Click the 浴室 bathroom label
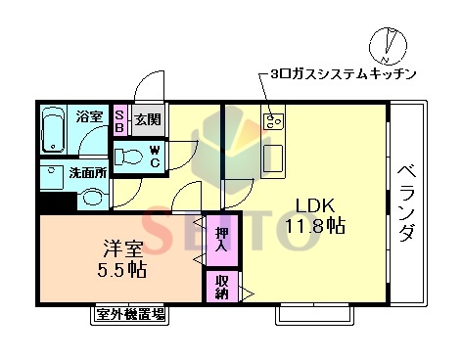(90, 117)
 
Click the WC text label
(155, 157)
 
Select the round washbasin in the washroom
(93, 198)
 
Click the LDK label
(317, 205)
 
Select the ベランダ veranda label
(406, 205)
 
